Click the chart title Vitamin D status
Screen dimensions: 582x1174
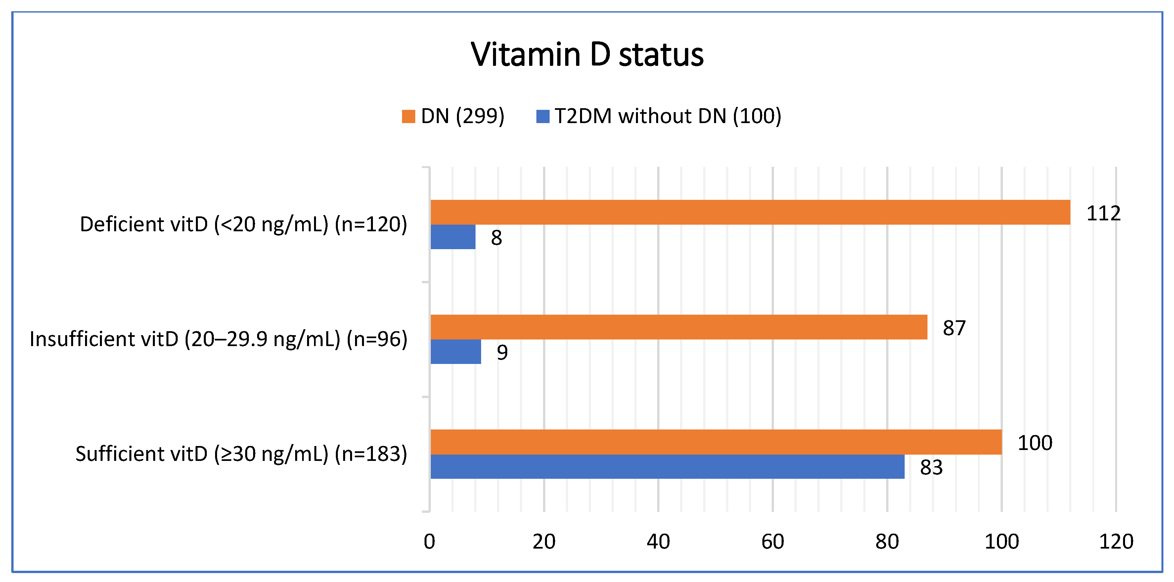[x=587, y=55]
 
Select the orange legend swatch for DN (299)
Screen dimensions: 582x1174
[x=408, y=116]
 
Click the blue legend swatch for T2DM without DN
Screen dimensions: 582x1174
[x=543, y=116]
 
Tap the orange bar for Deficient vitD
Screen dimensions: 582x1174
[x=750, y=212]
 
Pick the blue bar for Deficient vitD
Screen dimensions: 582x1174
[x=453, y=237]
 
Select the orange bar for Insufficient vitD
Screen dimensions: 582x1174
[x=679, y=327]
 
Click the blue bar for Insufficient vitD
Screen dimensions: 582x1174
[x=455, y=352]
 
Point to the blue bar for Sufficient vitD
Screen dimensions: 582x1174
[x=667, y=467]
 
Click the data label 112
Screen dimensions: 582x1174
[x=1103, y=213]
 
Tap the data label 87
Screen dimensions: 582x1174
[x=954, y=328]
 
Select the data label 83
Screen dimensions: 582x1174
[x=931, y=468]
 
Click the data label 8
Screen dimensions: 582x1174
[x=496, y=238]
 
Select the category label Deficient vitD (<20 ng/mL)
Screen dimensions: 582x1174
[x=243, y=224]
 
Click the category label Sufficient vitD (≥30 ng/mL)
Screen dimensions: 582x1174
[x=241, y=454]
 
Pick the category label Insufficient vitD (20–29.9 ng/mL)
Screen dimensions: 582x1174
[x=218, y=339]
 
